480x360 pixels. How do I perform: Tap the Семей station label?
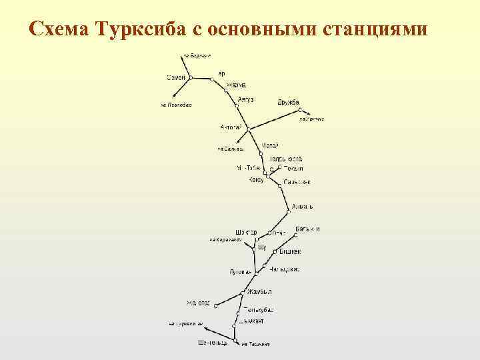175,77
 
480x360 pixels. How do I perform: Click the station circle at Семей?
190,78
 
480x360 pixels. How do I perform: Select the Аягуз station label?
246,99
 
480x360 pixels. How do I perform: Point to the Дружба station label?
289,102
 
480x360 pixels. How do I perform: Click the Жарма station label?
237,85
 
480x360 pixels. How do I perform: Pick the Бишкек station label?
289,251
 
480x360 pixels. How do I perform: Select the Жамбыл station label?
259,292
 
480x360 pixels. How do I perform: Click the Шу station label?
261,247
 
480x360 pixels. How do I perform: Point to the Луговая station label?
240,272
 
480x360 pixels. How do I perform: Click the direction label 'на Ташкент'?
255,344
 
